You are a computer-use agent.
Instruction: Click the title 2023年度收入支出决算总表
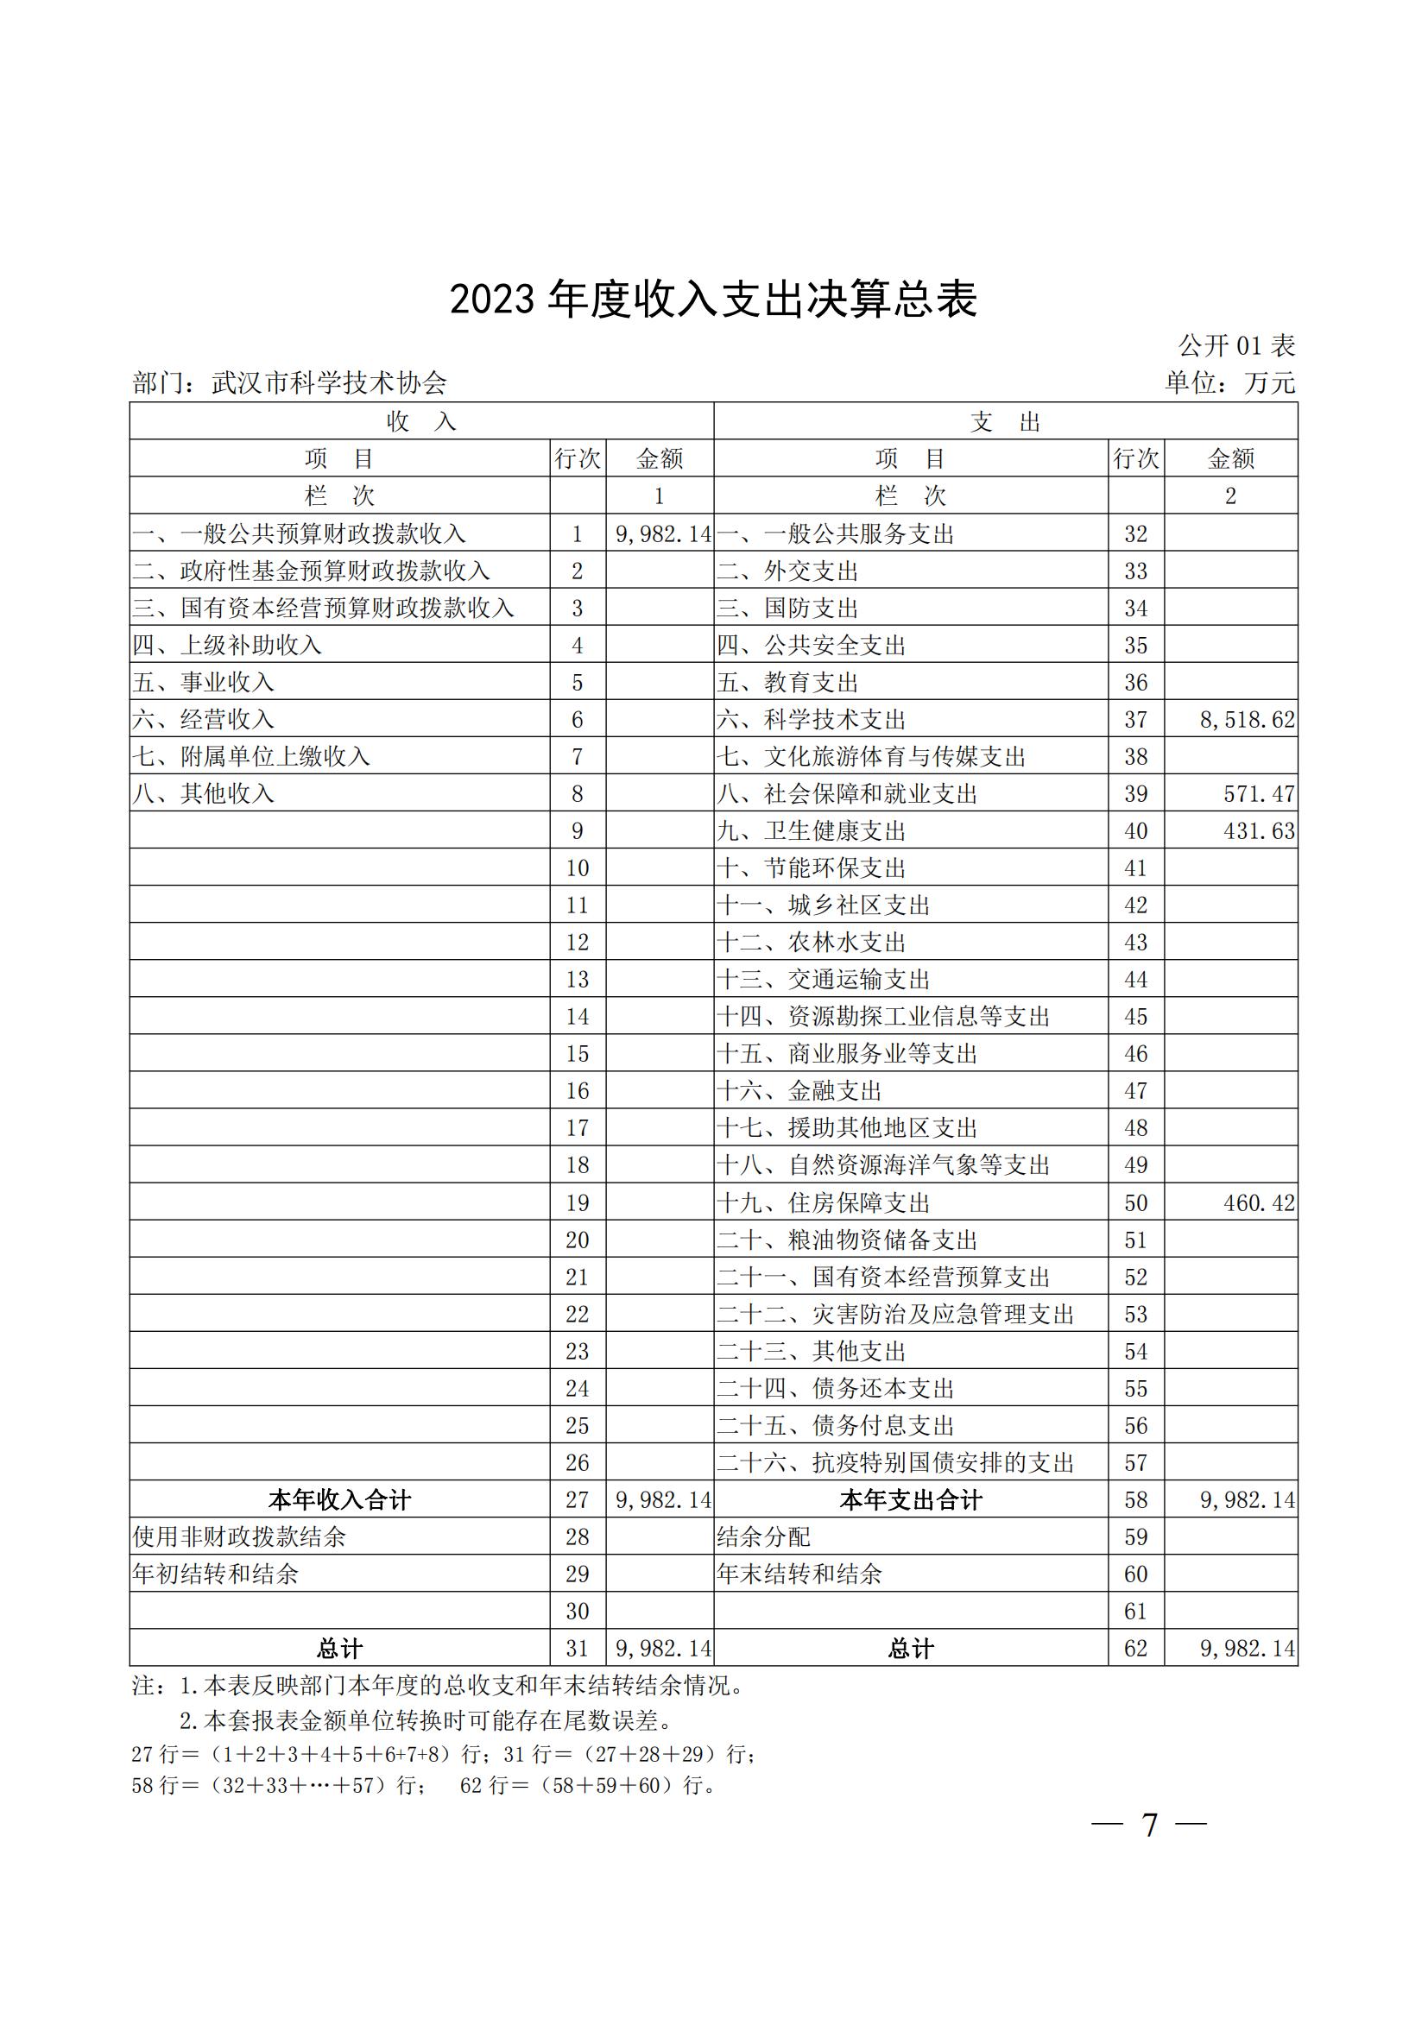713,300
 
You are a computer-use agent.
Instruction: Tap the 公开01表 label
1236,345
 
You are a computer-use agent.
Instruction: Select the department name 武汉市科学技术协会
329,382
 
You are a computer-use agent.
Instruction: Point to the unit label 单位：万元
1229,382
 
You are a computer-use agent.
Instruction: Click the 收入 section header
421,422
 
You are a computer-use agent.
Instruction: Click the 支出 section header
1005,422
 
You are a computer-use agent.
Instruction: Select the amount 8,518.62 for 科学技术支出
1247,720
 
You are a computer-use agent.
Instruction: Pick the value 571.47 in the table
1258,794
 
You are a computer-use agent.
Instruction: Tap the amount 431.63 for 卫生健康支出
1258,831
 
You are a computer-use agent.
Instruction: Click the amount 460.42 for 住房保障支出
1258,1203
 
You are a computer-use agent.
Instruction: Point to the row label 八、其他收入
203,794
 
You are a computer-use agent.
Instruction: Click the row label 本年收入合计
339,1500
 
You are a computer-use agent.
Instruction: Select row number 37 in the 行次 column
1136,720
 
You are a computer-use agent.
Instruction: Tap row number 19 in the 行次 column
577,1203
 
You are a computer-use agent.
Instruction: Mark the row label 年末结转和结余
799,1574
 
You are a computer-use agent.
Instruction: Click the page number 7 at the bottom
1149,1826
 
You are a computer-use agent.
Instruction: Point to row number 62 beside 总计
1136,1649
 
